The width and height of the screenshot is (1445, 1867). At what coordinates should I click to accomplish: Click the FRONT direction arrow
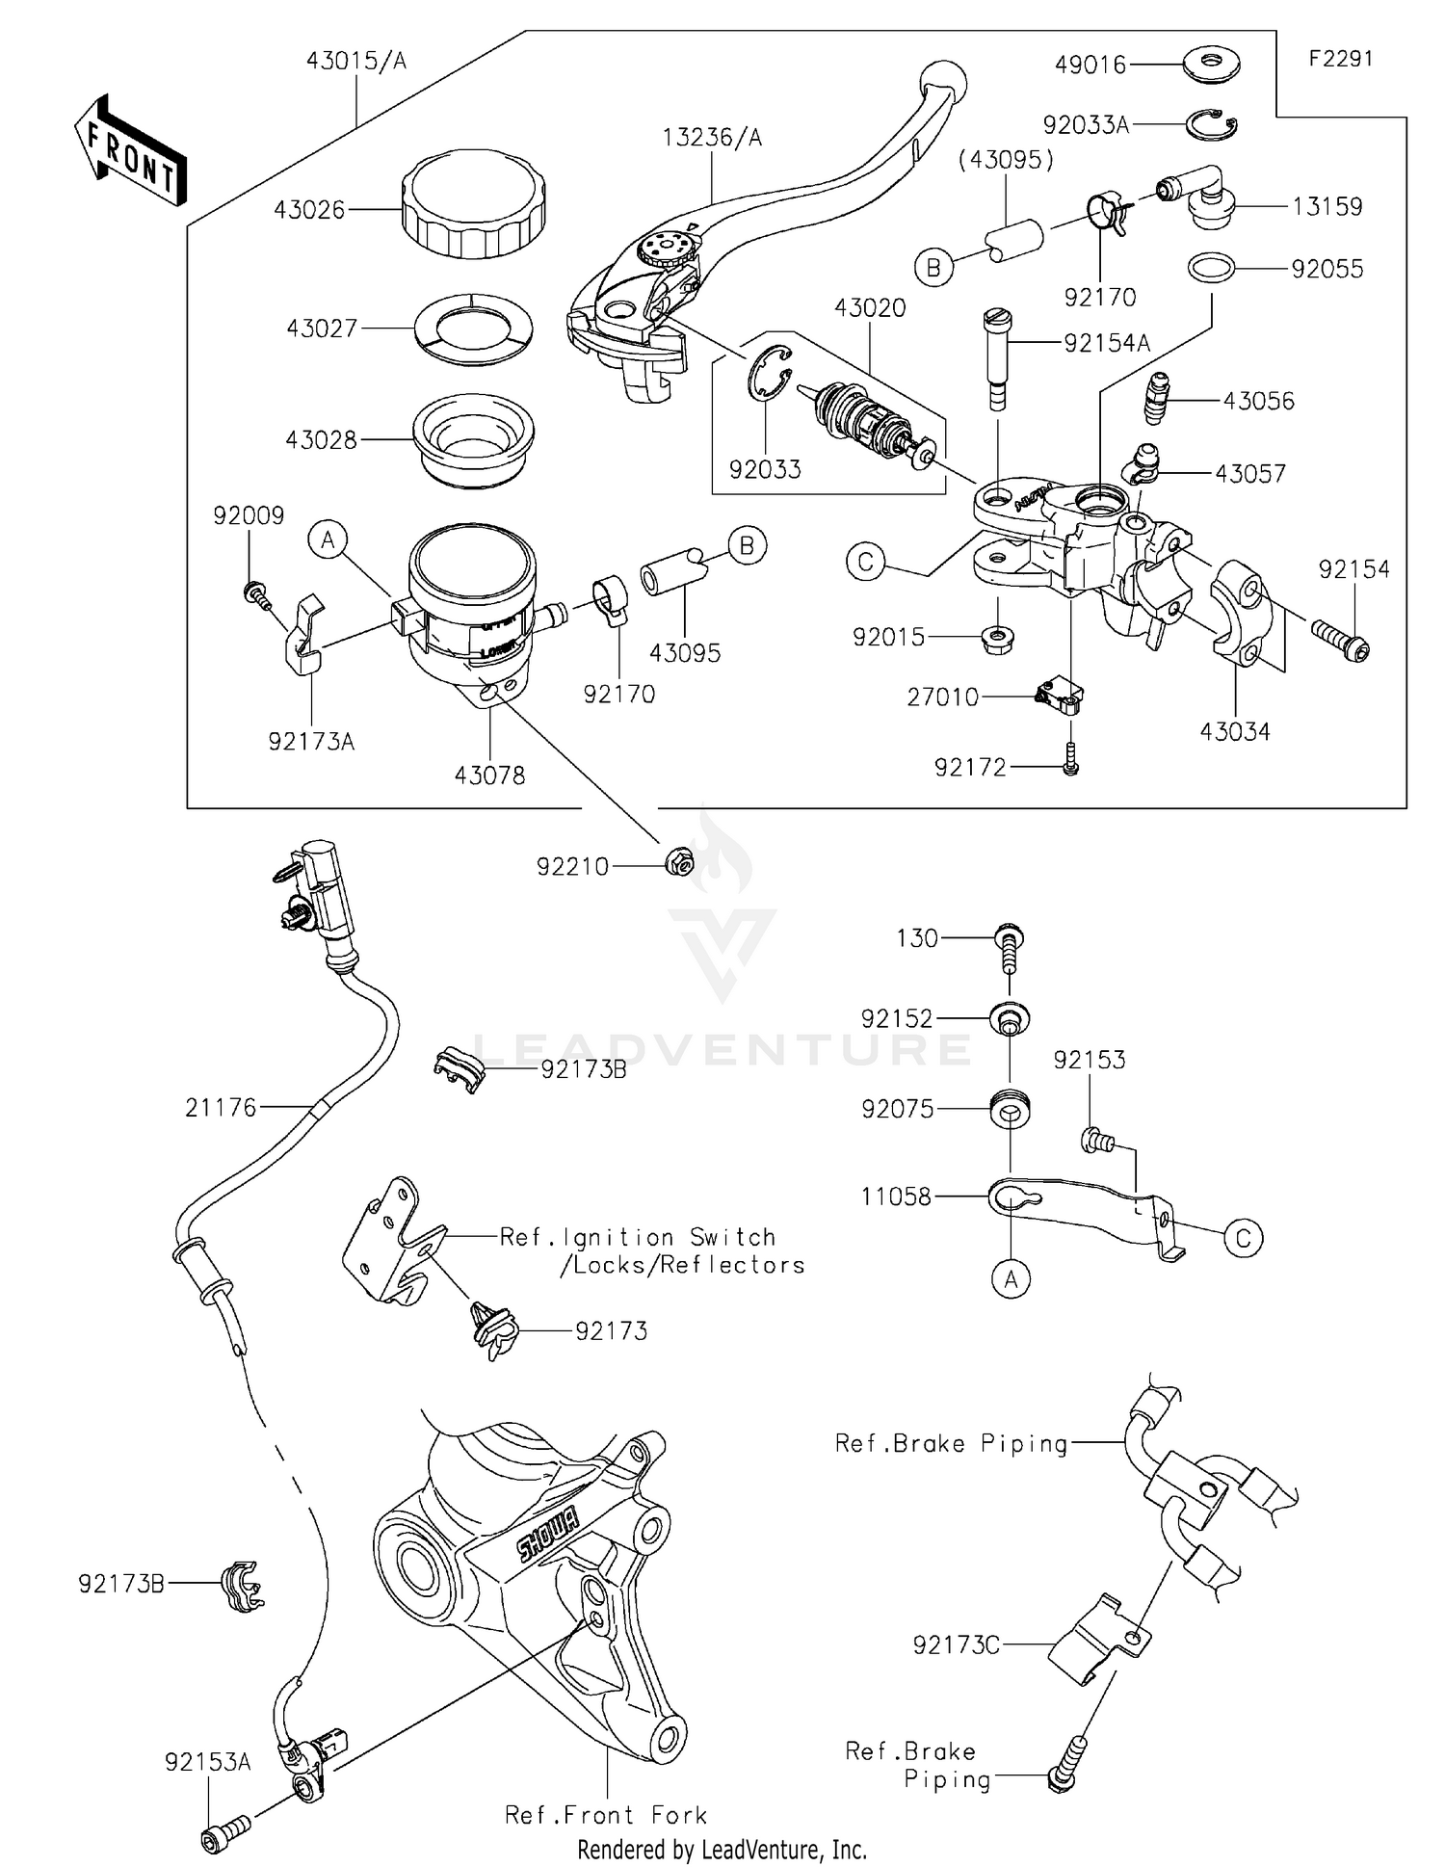129,148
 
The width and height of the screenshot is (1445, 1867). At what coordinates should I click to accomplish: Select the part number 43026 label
308,209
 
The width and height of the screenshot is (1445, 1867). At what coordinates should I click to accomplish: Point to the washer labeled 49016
1211,65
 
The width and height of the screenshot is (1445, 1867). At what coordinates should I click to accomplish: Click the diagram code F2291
1340,59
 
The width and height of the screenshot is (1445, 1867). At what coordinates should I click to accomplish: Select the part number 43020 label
870,308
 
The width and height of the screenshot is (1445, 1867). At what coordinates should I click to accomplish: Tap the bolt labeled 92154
1340,641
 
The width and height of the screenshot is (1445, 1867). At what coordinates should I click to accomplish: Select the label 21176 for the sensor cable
221,1108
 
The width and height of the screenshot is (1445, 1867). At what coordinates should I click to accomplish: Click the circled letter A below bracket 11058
1011,1278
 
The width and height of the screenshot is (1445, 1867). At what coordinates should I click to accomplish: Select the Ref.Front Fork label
606,1815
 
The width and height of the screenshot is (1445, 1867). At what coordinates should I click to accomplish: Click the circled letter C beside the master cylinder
865,561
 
